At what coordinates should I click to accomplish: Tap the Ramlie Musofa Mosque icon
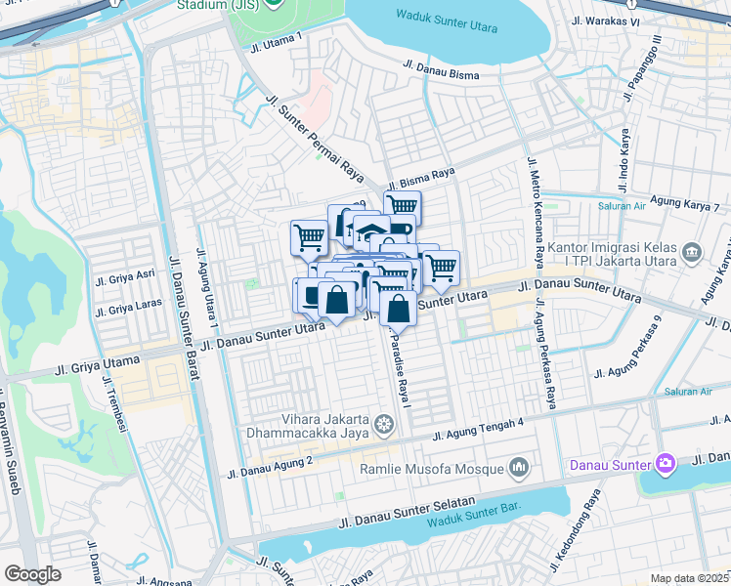coord(518,469)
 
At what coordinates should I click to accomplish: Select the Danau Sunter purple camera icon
coord(666,462)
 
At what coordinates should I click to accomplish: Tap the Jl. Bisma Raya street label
coord(421,179)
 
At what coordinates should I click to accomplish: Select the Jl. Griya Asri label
coord(125,277)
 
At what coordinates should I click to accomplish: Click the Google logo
coord(32,573)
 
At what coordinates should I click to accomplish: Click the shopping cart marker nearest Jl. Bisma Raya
coord(402,206)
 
